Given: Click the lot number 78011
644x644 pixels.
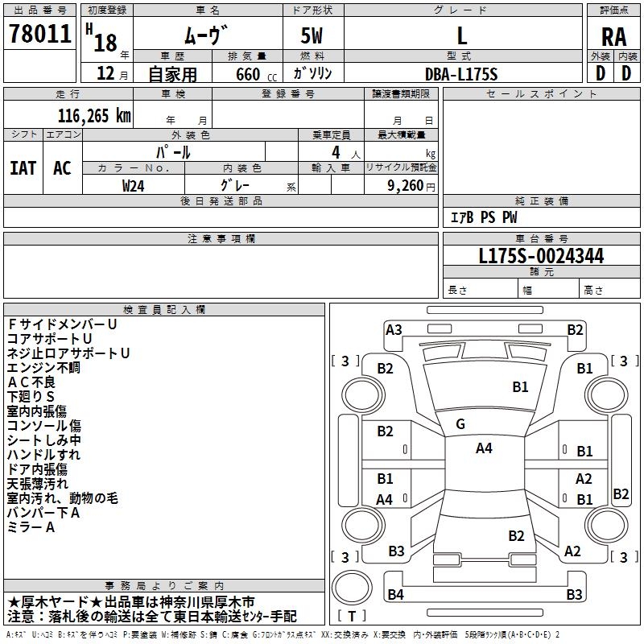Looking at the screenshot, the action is coord(39,34).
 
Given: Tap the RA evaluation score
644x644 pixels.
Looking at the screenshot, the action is coord(613,37).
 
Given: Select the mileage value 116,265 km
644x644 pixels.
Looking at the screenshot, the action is coord(94,116).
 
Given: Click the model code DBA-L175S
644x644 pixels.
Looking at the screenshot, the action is coord(461,74).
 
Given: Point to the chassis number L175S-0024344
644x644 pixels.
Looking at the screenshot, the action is coord(541,256).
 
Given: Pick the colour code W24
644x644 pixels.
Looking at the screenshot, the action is coord(133,186).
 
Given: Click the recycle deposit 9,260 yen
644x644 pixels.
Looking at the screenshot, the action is coord(411,186).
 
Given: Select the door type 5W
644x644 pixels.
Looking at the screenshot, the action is coord(312,35).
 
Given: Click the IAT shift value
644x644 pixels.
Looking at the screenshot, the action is coord(23,168).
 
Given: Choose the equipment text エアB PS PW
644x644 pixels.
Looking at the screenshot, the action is coord(484,217).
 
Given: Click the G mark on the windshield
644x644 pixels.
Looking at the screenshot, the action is coord(460,424).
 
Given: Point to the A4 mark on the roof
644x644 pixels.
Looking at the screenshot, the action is coord(484,448).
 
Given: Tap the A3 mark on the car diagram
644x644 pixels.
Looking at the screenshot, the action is coord(394,330).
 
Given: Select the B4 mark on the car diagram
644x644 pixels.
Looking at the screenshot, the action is coord(395,594).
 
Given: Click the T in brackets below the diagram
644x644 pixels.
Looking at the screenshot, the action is coord(352,616).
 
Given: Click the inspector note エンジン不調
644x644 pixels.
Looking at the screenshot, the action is coord(43,368).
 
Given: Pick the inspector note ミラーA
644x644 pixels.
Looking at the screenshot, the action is coord(31,527).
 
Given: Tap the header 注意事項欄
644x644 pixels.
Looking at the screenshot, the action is coord(221,238).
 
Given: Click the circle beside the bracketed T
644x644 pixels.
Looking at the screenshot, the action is coord(352,588).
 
